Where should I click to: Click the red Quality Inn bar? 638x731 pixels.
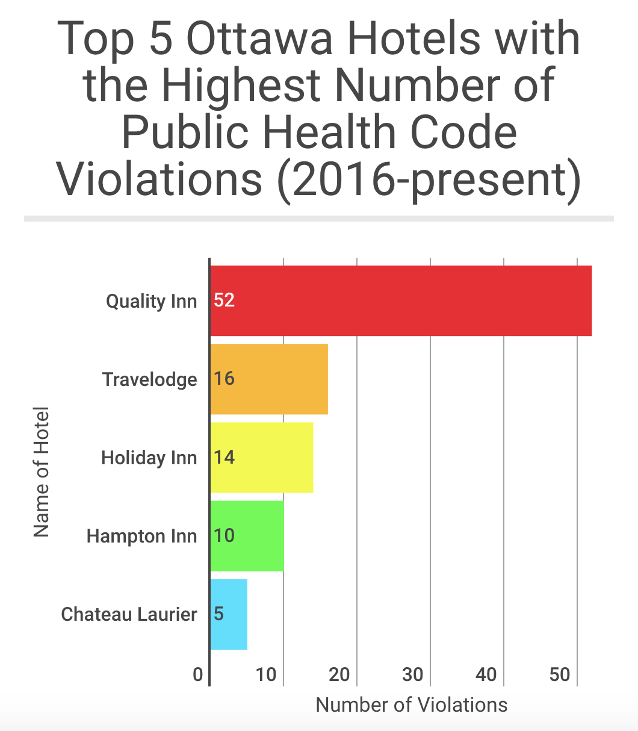401,300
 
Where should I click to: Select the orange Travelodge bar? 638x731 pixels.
269,379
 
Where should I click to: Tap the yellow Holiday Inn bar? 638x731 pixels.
262,458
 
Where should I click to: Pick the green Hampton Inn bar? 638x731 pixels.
247,536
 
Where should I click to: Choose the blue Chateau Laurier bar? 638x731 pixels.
229,614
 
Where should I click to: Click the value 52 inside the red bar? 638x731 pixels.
224,300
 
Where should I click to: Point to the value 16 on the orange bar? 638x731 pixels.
224,379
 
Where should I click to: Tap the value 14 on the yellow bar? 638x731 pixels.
224,458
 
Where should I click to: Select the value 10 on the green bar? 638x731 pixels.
224,536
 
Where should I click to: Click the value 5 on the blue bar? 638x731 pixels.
218,614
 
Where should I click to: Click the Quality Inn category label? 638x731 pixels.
151,301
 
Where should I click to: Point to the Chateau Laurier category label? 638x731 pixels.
129,615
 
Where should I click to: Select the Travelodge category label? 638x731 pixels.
149,380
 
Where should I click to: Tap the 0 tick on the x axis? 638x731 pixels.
198,675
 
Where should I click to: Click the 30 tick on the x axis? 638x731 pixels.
413,675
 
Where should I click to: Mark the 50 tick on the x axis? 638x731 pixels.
560,675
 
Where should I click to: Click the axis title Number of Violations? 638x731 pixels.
412,705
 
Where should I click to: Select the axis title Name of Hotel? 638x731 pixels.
41,472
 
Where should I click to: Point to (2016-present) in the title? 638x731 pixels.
429,179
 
